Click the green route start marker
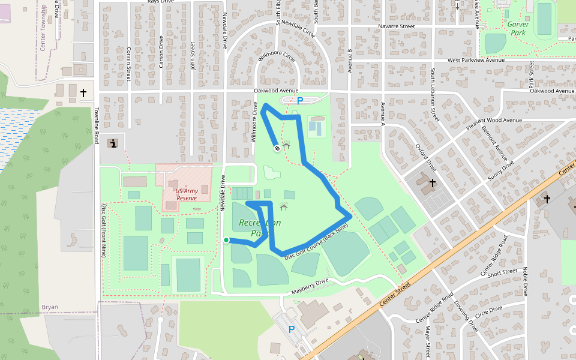pyautogui.click(x=226, y=241)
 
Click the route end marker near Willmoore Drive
pyautogui.click(x=277, y=148)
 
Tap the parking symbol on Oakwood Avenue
pyautogui.click(x=300, y=101)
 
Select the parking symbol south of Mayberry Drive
pyautogui.click(x=292, y=329)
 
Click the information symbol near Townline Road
pyautogui.click(x=113, y=143)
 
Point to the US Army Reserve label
pyautogui.click(x=186, y=194)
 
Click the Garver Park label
pyautogui.click(x=518, y=28)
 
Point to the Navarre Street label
pyautogui.click(x=397, y=26)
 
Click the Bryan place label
pyautogui.click(x=50, y=307)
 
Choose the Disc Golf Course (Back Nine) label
pyautogui.click(x=316, y=243)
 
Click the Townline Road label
pyautogui.click(x=96, y=125)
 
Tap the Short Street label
pyautogui.click(x=502, y=272)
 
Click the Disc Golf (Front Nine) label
pyautogui.click(x=104, y=230)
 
